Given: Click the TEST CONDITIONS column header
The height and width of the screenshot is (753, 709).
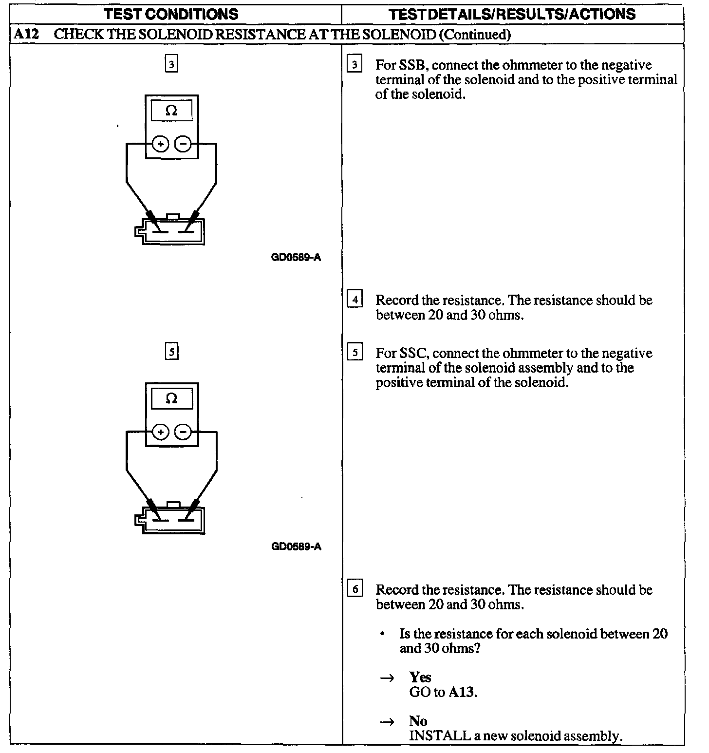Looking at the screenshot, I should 171,14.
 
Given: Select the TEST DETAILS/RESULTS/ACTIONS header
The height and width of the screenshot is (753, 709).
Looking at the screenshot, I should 512,14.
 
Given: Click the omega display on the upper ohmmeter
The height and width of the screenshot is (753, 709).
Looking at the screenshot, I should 171,111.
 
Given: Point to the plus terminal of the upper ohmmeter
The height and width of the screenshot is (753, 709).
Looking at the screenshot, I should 161,144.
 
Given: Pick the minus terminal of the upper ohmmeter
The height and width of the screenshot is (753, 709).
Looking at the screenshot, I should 183,144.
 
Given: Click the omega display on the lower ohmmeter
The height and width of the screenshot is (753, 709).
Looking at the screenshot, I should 171,399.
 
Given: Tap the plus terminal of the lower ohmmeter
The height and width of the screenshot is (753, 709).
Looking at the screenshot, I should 161,432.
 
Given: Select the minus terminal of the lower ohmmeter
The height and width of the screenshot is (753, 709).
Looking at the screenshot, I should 183,432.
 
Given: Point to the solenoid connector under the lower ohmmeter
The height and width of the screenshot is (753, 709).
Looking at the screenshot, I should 170,520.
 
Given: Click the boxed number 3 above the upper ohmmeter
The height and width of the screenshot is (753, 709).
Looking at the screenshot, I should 171,64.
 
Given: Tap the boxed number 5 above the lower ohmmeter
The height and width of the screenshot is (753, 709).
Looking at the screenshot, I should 171,352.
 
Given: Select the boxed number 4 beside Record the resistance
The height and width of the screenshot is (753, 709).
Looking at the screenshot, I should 354,299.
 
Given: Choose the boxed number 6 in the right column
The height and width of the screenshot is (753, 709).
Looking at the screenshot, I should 354,589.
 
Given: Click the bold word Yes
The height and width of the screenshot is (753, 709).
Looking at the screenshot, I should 420,677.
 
